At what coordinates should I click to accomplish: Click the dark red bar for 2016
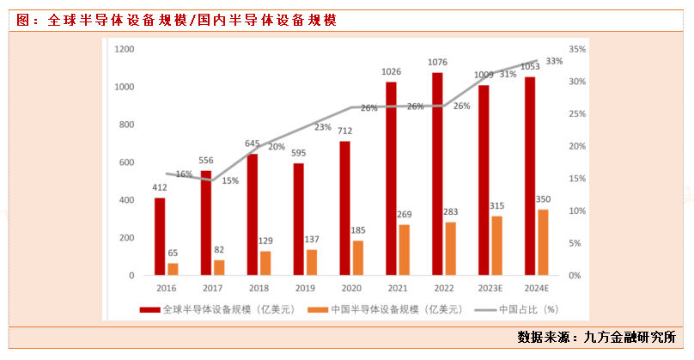point(160,236)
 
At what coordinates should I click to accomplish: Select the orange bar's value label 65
point(173,253)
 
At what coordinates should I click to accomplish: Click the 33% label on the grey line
point(554,61)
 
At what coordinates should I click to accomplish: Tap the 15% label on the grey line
point(230,180)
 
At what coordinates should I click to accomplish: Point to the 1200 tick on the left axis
point(124,50)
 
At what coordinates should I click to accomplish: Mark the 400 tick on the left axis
point(126,200)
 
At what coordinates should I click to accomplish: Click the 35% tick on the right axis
point(577,50)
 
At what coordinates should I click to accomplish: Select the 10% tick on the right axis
point(577,211)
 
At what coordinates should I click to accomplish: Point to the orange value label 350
point(543,199)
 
